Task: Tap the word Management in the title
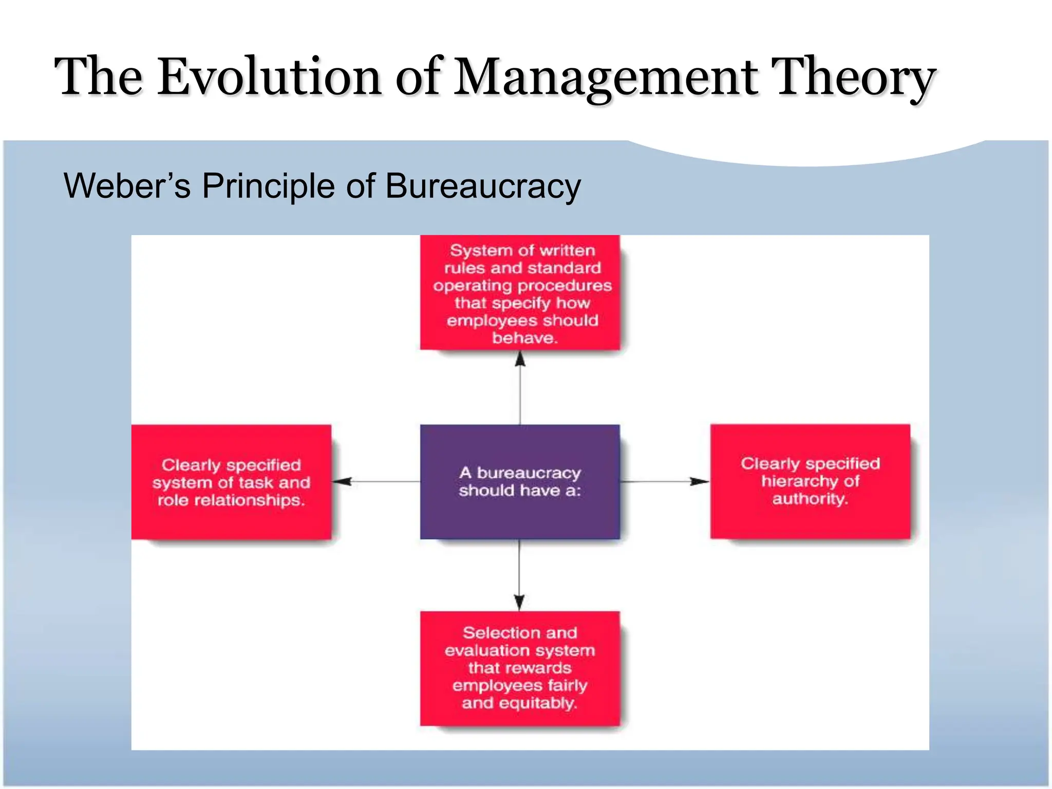click(606, 77)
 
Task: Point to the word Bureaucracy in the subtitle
click(483, 186)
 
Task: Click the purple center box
click(520, 481)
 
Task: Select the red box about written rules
click(520, 293)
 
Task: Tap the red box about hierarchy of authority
click(810, 481)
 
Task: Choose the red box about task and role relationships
click(231, 482)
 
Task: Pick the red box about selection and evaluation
click(520, 668)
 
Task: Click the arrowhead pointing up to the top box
click(520, 359)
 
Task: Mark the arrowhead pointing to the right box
click(700, 481)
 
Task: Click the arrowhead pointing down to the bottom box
click(519, 602)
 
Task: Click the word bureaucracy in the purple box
click(529, 473)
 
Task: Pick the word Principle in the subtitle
click(268, 186)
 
